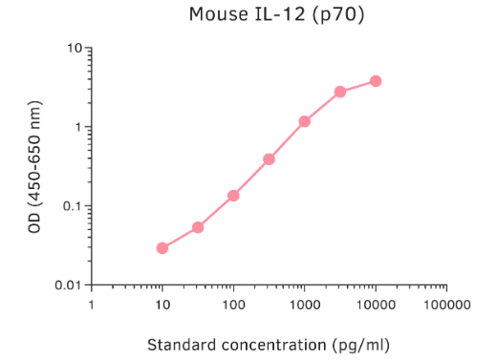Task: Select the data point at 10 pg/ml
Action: pyautogui.click(x=162, y=248)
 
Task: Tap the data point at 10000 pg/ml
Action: pyautogui.click(x=376, y=81)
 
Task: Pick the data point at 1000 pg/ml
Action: pyautogui.click(x=305, y=121)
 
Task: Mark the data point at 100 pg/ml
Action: pyautogui.click(x=233, y=196)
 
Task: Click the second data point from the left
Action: pyautogui.click(x=198, y=227)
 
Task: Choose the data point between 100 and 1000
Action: pyautogui.click(x=269, y=159)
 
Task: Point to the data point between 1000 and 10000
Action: pyautogui.click(x=340, y=92)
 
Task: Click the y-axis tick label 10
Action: pyautogui.click(x=72, y=48)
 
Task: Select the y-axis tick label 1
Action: pyautogui.click(x=76, y=127)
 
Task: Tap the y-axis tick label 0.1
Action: pyautogui.click(x=69, y=206)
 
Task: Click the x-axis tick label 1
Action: pyautogui.click(x=92, y=306)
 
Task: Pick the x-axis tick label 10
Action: pyautogui.click(x=162, y=306)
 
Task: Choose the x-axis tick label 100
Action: pyautogui.click(x=233, y=306)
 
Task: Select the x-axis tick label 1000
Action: pyautogui.click(x=305, y=306)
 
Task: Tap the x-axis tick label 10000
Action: pyautogui.click(x=376, y=306)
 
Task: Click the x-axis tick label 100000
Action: pyautogui.click(x=446, y=306)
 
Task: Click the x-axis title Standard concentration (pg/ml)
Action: pyautogui.click(x=269, y=343)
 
